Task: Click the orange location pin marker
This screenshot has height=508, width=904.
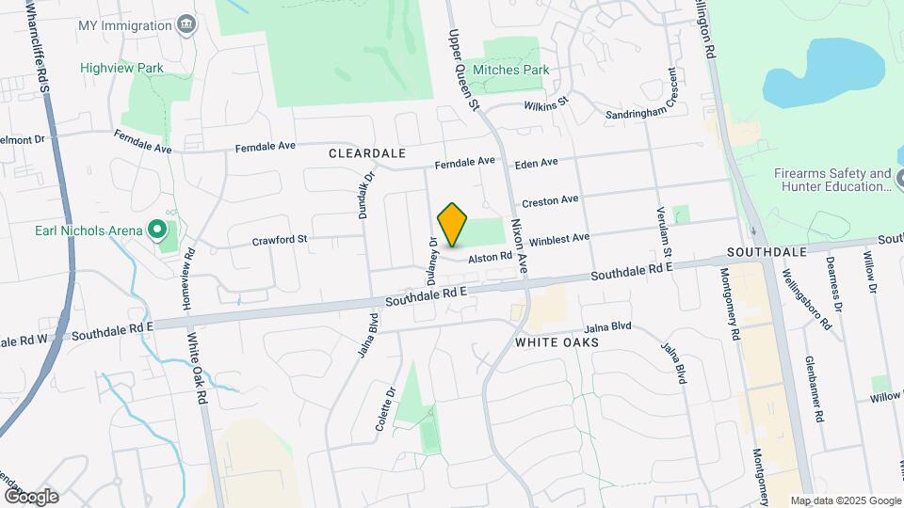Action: point(453,225)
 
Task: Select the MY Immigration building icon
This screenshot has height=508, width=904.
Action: point(186,23)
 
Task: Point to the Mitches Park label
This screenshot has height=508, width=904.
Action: point(510,70)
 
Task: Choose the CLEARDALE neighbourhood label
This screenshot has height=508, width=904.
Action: point(367,152)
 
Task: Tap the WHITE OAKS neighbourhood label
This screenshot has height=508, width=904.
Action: point(557,343)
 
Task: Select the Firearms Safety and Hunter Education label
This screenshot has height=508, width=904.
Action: point(832,180)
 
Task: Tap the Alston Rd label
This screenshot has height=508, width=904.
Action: point(492,256)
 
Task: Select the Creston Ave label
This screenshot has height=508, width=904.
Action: point(550,201)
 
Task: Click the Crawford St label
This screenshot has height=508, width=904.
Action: point(280,240)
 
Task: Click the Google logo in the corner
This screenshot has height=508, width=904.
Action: point(31,496)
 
